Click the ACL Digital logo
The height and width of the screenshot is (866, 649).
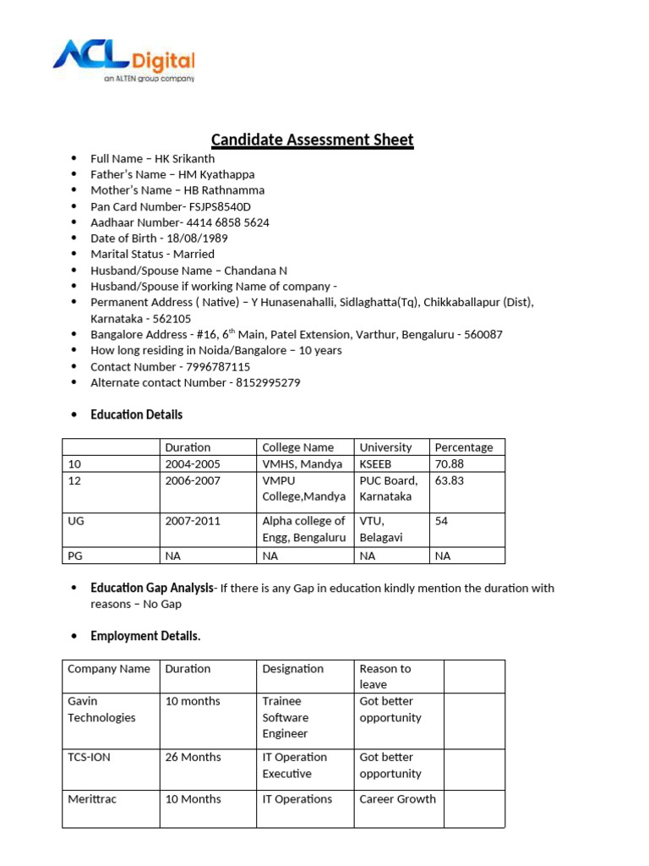click(123, 61)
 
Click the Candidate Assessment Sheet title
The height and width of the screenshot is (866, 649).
click(312, 140)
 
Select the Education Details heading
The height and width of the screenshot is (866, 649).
click(136, 414)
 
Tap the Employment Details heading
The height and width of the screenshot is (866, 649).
click(145, 636)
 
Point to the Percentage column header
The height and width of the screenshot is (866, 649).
click(463, 447)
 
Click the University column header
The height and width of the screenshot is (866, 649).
click(385, 447)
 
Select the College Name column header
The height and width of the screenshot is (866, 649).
click(297, 447)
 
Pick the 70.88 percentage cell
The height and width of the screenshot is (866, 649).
click(449, 464)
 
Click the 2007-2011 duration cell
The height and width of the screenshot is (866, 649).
click(193, 521)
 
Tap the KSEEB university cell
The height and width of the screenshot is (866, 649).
click(375, 464)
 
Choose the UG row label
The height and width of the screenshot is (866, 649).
click(74, 521)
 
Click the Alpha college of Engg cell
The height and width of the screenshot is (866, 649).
click(303, 529)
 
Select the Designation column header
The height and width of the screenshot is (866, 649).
click(292, 669)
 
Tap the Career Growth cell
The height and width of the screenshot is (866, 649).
click(397, 798)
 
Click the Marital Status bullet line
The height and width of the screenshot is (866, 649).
click(152, 254)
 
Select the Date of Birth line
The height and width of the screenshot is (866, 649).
click(159, 238)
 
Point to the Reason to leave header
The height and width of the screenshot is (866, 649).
click(384, 677)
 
